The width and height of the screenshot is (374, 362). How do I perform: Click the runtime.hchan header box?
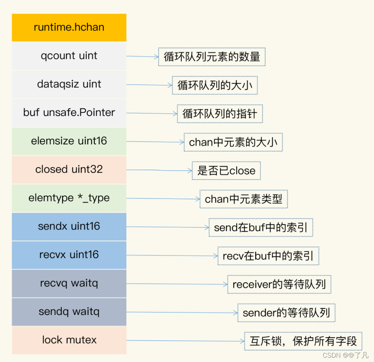tap(69, 28)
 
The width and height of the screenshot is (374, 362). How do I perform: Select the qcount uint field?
tap(69, 56)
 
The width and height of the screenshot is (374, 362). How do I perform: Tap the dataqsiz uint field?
tap(69, 84)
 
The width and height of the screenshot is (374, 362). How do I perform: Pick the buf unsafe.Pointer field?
tap(69, 113)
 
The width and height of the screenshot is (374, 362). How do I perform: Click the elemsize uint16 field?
tap(69, 141)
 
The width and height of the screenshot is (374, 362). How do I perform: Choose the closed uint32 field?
tap(69, 170)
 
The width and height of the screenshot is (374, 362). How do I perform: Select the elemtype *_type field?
tap(69, 198)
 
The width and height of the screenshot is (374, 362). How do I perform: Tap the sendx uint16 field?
tap(69, 227)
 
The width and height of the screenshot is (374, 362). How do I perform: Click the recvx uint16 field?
tap(69, 255)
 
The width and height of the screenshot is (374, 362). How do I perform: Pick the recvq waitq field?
tap(69, 283)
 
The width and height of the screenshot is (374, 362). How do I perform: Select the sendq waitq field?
tap(69, 312)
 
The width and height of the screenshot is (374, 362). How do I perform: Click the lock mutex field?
tap(69, 340)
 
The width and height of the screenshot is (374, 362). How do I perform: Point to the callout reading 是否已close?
tap(226, 171)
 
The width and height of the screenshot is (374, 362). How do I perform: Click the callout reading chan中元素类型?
tap(244, 199)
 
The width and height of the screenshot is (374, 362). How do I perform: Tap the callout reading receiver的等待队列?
tap(279, 285)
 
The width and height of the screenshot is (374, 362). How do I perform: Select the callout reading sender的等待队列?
tap(286, 313)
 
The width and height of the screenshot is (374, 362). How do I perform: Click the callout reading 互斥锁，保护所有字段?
tap(303, 341)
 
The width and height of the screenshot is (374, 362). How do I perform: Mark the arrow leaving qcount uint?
tap(142, 56)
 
